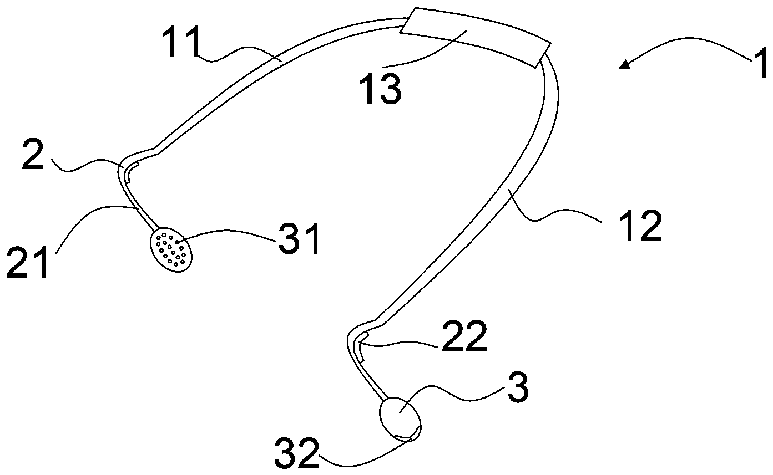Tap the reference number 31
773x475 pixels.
[x=300, y=239]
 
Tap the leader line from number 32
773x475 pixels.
[x=361, y=457]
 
